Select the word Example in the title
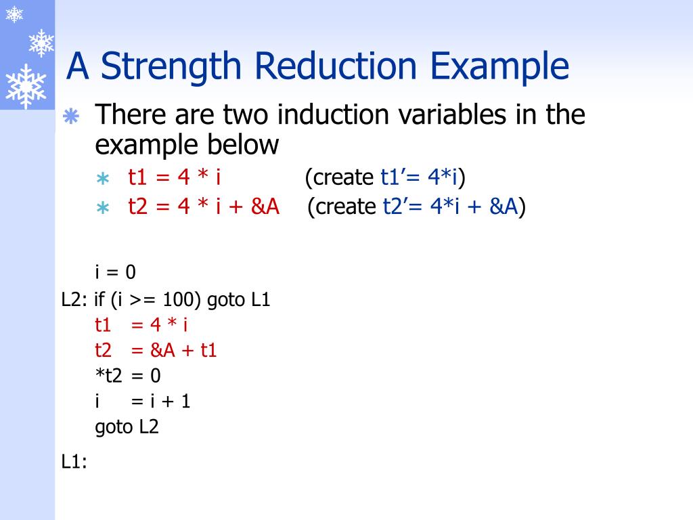pos(501,67)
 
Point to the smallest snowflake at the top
pos(14,14)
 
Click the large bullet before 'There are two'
pos(71,117)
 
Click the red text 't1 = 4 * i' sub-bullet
pos(175,177)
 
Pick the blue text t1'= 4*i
pos(420,177)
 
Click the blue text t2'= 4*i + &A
pos(447,206)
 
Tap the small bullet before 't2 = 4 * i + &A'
pos(102,207)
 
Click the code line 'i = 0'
pos(115,272)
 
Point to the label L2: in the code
pos(74,299)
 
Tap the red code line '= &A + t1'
pos(174,350)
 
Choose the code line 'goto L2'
pos(127,427)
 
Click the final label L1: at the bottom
pos(74,462)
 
